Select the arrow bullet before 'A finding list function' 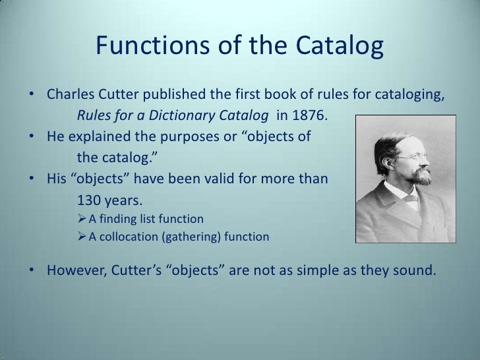point(82,219)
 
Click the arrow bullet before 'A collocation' point(82,237)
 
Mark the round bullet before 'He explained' point(32,138)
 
